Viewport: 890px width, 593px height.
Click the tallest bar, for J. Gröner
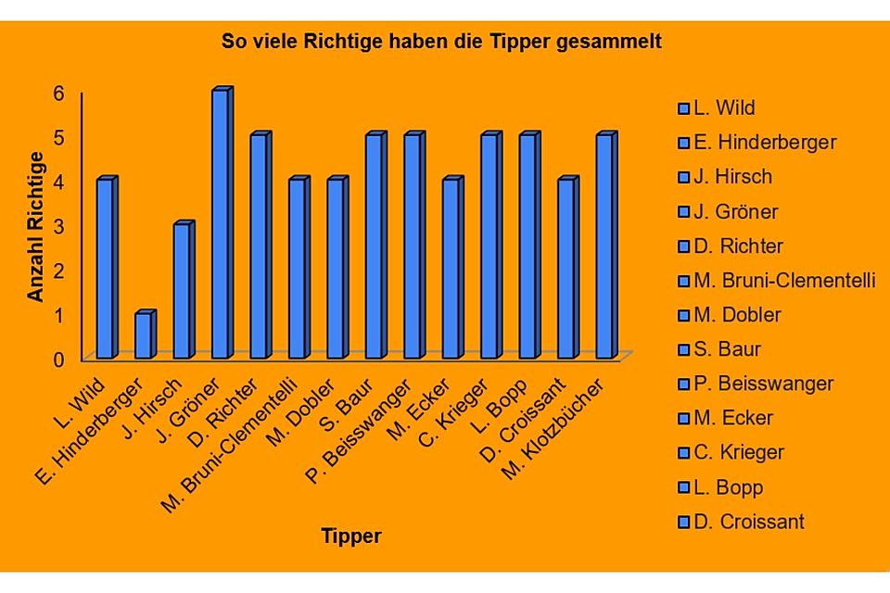(x=222, y=224)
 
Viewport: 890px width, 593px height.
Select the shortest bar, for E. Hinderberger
(x=145, y=335)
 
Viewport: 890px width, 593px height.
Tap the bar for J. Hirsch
(x=183, y=291)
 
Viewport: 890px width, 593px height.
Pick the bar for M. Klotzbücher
(x=605, y=246)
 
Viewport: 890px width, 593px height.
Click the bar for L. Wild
(x=107, y=269)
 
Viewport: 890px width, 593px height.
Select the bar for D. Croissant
(x=567, y=269)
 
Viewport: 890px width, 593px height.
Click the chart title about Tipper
(x=441, y=43)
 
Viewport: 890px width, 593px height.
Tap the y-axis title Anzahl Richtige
(x=35, y=226)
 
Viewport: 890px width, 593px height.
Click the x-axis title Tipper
(x=350, y=536)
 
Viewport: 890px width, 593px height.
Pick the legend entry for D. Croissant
(x=748, y=522)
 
